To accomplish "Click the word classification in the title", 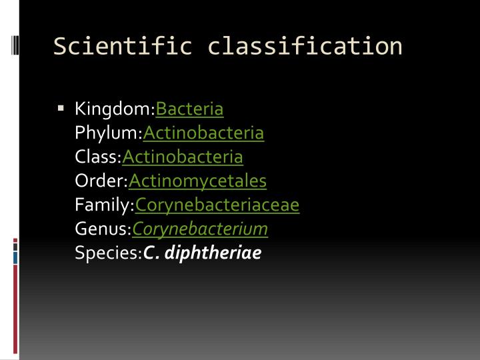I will pyautogui.click(x=305, y=46).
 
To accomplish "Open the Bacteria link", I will pyautogui.click(x=189, y=109).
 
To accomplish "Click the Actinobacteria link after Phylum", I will pyautogui.click(x=203, y=133).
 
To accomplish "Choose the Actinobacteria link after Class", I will pyautogui.click(x=183, y=157).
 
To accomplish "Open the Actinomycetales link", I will pyautogui.click(x=197, y=181).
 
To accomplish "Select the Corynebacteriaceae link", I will pyautogui.click(x=217, y=205).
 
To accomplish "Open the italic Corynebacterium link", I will pyautogui.click(x=200, y=229).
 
